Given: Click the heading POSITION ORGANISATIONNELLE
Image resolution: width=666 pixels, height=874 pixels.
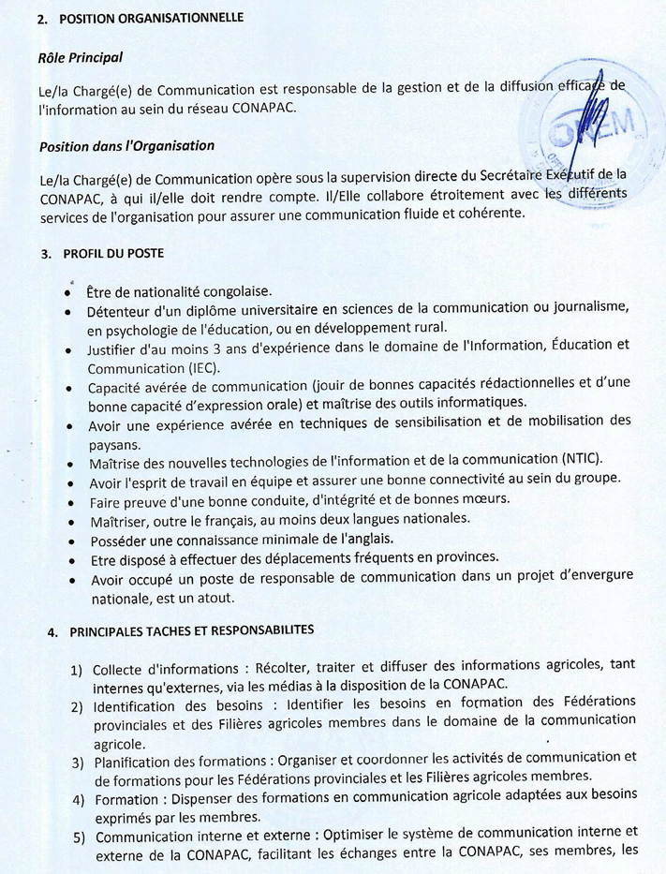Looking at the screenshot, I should click(151, 18).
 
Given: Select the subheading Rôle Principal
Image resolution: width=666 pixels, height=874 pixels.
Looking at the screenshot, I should click(81, 57).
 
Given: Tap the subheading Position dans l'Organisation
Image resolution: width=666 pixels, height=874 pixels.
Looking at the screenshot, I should click(126, 145).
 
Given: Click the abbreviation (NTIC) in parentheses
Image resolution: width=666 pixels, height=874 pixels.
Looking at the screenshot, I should click(582, 460).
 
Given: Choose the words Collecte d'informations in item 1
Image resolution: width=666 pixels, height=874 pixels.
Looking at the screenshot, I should click(164, 669).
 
